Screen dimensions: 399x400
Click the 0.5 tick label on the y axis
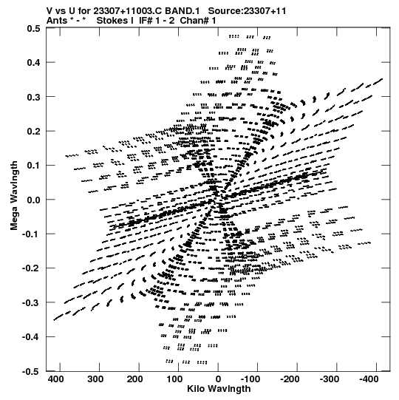(x=33, y=28)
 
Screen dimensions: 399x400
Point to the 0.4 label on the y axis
(x=33, y=63)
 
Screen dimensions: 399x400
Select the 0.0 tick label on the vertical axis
(x=33, y=200)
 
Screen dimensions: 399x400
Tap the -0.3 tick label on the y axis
(x=31, y=303)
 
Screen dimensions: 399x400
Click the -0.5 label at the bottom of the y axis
(x=31, y=371)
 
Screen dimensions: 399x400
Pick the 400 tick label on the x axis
(x=56, y=379)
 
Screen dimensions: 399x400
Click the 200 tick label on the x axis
(x=135, y=379)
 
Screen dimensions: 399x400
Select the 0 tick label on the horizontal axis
(x=218, y=379)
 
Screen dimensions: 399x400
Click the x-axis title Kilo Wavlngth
(x=219, y=389)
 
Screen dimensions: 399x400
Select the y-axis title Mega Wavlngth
(x=14, y=196)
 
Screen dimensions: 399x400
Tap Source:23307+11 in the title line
(x=247, y=11)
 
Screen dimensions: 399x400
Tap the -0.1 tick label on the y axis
(x=31, y=234)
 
